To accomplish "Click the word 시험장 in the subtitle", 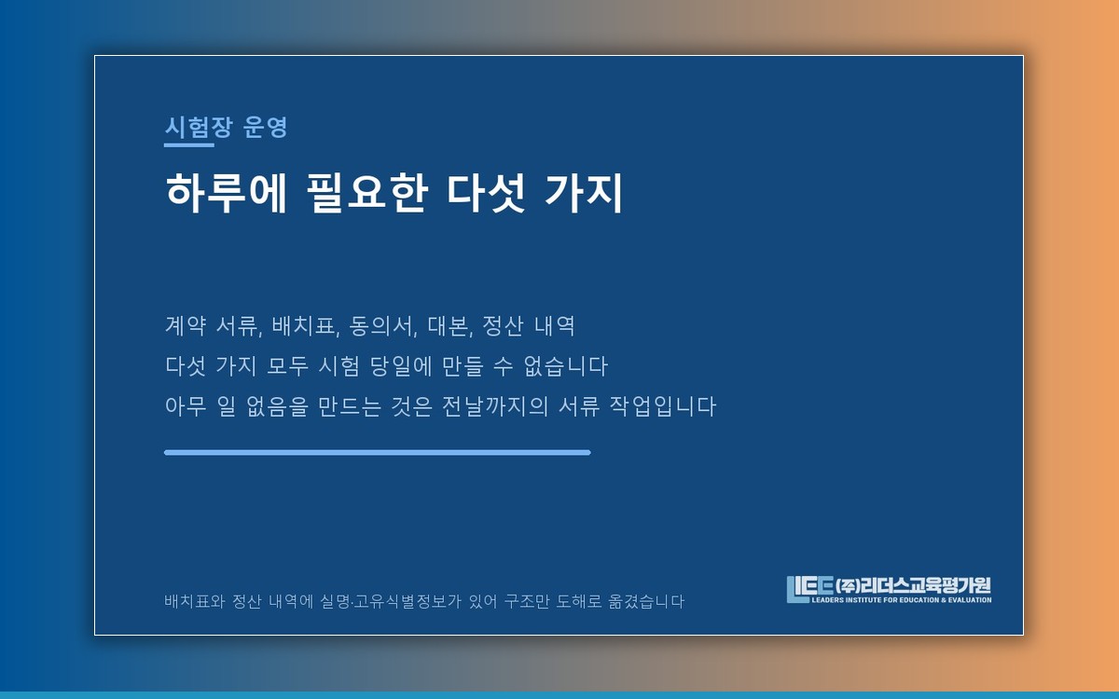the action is click(x=199, y=127).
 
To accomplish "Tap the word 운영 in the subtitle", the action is click(x=265, y=127).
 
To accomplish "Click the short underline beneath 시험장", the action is click(x=189, y=145).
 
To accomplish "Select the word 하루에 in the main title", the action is click(x=227, y=193).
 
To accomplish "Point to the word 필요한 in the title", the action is click(x=367, y=193).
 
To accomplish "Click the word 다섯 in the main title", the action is click(x=486, y=193).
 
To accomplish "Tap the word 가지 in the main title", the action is click(x=584, y=193).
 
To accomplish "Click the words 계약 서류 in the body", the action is click(x=214, y=326).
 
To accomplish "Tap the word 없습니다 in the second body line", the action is click(x=565, y=366).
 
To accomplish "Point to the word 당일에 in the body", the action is click(x=401, y=366).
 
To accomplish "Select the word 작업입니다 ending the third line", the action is click(x=663, y=406).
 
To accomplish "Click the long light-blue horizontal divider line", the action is click(x=378, y=452).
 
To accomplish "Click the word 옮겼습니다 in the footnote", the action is click(x=646, y=601).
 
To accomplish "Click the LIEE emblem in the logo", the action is click(x=809, y=589).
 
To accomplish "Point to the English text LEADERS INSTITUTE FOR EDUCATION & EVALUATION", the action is click(x=902, y=599).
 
